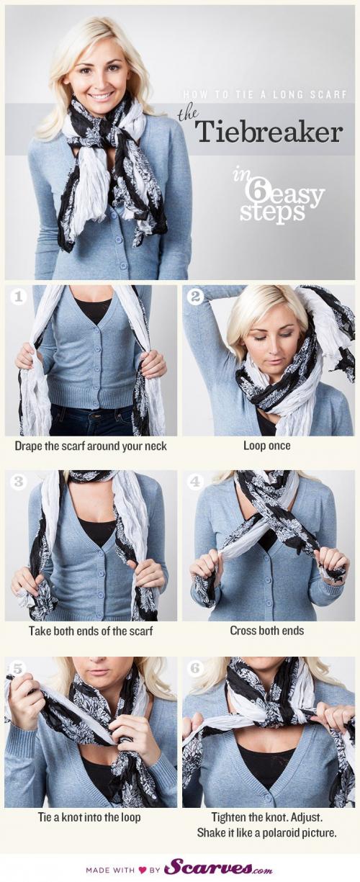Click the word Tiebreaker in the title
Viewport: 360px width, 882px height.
pyautogui.click(x=269, y=131)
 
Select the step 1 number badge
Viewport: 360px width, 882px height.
pyautogui.click(x=17, y=297)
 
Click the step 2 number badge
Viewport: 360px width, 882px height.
pyautogui.click(x=195, y=297)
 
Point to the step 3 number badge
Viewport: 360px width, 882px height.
pyautogui.click(x=18, y=482)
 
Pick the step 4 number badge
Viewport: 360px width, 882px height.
pyautogui.click(x=195, y=482)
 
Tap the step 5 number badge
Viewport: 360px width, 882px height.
pyautogui.click(x=17, y=668)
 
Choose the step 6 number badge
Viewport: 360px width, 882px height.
pyautogui.click(x=196, y=668)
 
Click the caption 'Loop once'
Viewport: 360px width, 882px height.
pyautogui.click(x=266, y=446)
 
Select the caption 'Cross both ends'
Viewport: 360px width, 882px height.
pyautogui.click(x=266, y=631)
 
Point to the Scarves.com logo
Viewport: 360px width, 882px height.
pyautogui.click(x=218, y=866)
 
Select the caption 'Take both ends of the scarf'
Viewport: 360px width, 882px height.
pyautogui.click(x=91, y=631)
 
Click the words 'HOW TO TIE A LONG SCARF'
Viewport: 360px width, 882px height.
pyautogui.click(x=265, y=95)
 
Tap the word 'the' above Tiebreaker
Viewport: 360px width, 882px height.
pyautogui.click(x=188, y=115)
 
